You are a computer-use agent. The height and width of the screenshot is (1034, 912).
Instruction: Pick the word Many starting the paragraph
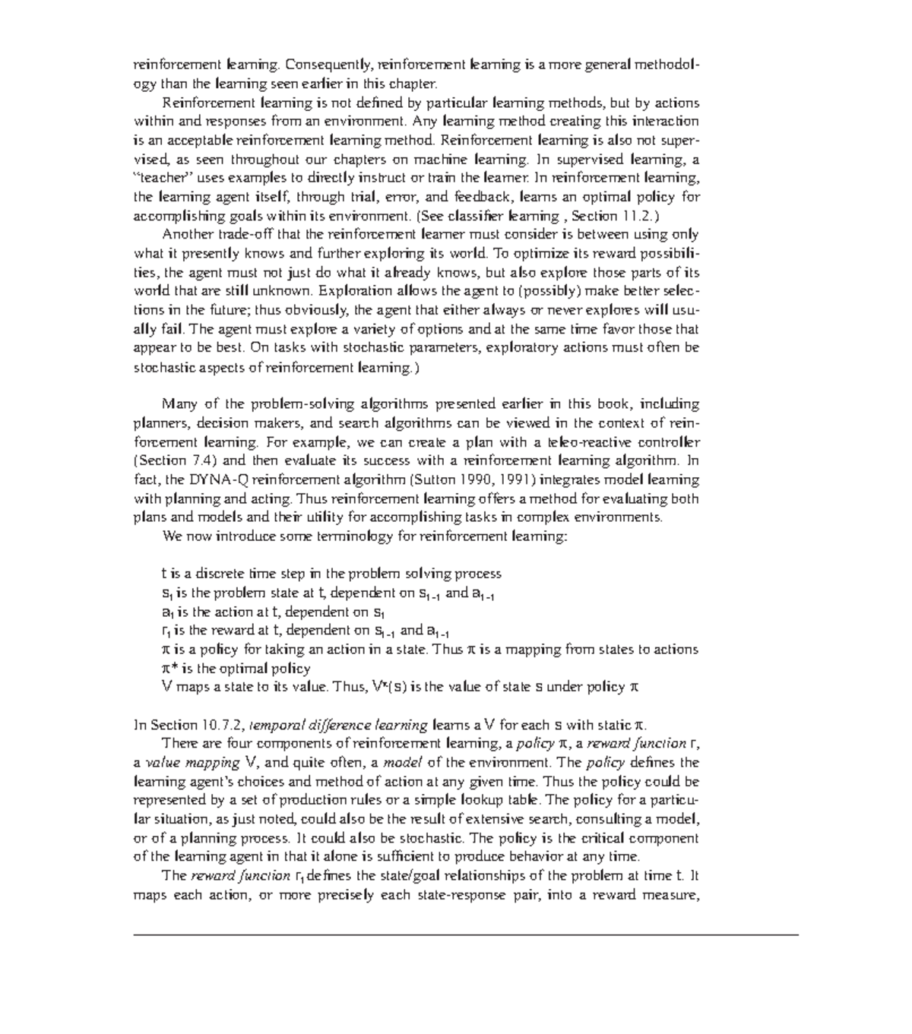pyautogui.click(x=178, y=404)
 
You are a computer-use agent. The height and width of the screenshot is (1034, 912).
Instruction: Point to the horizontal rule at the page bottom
pyautogui.click(x=466, y=934)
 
